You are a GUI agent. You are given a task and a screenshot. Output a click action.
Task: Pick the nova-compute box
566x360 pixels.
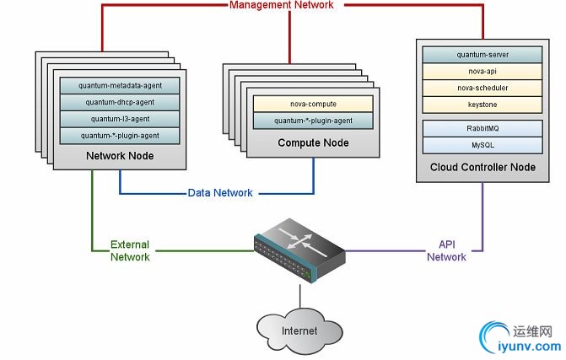[313, 104]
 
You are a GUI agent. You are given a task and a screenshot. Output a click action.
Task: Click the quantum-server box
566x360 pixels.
[482, 55]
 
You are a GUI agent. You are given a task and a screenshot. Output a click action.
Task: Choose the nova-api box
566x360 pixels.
[482, 72]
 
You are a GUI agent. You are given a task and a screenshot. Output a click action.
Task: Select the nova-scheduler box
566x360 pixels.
[482, 88]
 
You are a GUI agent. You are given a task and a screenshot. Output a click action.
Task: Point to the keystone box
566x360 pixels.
[482, 105]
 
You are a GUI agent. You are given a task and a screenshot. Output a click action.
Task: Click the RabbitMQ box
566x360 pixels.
[482, 130]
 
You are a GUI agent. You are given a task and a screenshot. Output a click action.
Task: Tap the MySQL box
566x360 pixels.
[482, 146]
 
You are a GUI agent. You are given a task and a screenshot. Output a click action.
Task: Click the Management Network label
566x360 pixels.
[282, 5]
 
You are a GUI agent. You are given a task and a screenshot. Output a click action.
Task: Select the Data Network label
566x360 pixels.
[220, 193]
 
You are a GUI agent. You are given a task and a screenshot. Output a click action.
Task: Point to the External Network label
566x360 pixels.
[130, 250]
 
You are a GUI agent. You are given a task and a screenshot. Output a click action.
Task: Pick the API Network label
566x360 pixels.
[446, 250]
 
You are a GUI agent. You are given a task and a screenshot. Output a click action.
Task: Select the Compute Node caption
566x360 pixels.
[313, 143]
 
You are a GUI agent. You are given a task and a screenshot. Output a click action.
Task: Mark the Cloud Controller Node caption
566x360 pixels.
[482, 167]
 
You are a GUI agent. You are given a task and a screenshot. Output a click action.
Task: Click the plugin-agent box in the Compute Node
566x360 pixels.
[313, 121]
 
